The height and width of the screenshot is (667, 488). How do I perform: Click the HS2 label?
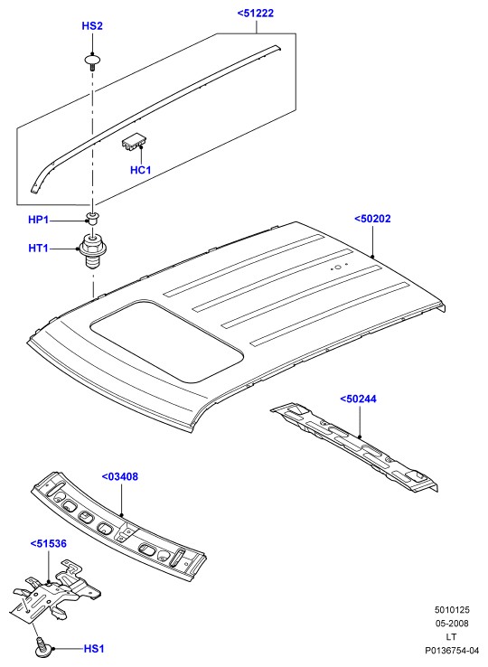click(92, 26)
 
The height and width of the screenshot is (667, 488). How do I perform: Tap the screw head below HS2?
click(92, 61)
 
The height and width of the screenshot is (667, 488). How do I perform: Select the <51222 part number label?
click(255, 14)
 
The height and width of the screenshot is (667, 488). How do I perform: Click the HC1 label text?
click(140, 170)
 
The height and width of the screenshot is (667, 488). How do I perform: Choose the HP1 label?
click(39, 220)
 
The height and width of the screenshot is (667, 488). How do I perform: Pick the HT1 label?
click(39, 248)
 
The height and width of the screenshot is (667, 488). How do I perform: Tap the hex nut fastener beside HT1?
click(92, 251)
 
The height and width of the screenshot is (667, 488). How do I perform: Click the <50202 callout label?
click(372, 219)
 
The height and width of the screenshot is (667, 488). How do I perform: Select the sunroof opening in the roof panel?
click(166, 341)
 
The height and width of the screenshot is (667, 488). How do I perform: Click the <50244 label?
click(358, 399)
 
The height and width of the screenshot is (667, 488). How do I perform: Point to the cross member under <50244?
click(354, 446)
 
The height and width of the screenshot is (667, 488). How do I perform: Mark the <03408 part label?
click(120, 477)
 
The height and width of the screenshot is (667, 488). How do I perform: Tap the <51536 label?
click(49, 544)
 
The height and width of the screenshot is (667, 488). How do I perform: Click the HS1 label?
click(94, 649)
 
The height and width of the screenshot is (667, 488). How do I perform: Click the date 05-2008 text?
click(452, 624)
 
